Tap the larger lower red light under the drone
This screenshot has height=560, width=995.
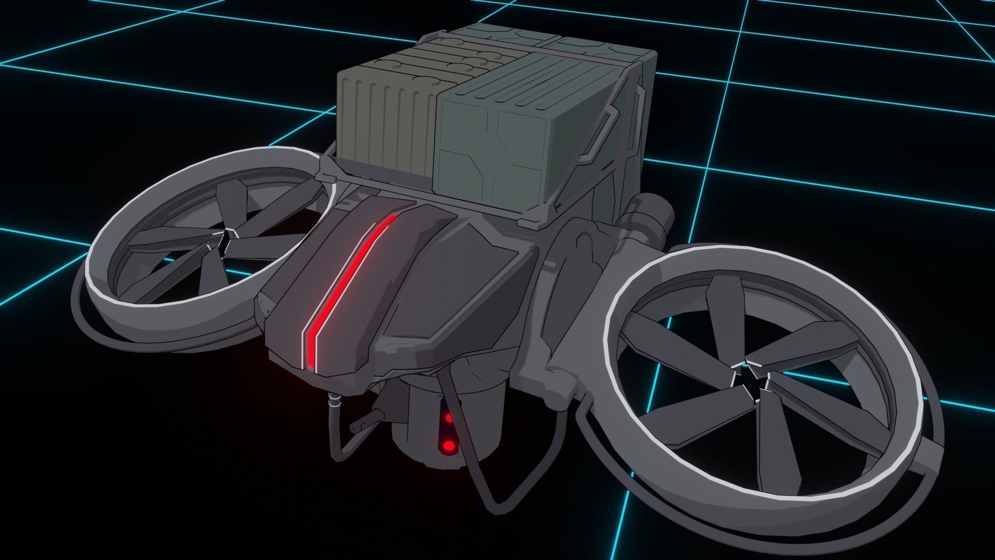click(448, 445)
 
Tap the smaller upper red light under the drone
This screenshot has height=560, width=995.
click(448, 418)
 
